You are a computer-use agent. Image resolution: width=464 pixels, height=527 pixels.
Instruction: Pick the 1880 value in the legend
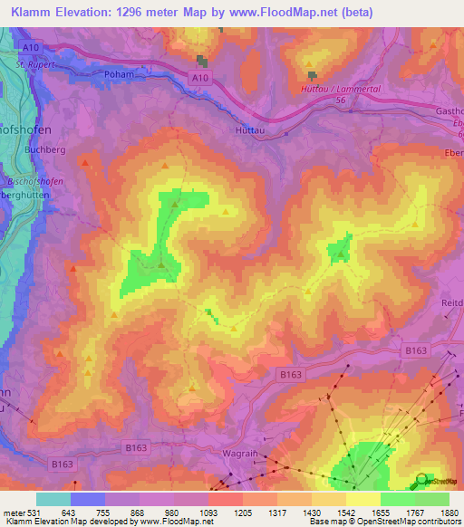[449, 513]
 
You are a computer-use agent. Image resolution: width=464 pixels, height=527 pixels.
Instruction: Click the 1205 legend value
[242, 513]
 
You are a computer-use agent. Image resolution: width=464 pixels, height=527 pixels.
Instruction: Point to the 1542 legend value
[345, 513]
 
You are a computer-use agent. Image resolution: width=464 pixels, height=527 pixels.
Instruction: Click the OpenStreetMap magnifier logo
[421, 480]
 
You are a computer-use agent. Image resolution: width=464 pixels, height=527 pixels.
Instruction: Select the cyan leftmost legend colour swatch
[53, 499]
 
